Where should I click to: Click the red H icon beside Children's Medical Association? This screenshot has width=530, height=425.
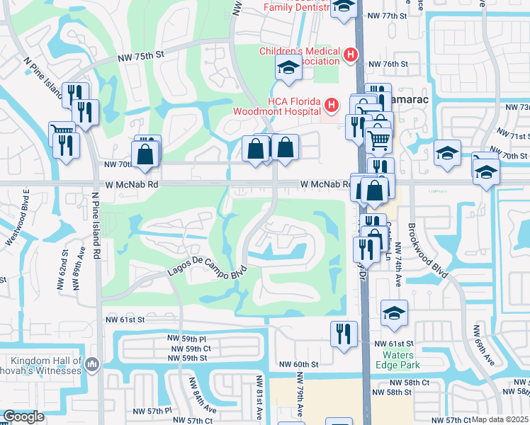[x=349, y=54]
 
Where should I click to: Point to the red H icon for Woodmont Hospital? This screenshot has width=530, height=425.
[x=330, y=106]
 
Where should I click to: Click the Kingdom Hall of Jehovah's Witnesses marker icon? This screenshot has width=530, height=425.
[x=92, y=364]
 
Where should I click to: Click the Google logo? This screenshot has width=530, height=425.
[x=23, y=416]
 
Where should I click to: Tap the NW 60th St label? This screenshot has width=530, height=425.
[x=298, y=364]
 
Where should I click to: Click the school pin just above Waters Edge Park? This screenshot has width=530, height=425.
[x=395, y=313]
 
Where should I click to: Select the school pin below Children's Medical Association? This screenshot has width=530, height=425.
[x=288, y=68]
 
